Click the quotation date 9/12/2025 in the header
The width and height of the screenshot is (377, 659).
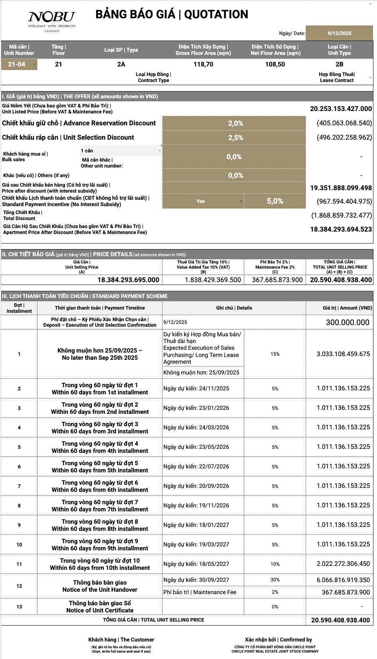point(339,33)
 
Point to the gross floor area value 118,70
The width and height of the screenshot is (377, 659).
point(203,64)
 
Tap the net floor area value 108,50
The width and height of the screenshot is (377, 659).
point(275,64)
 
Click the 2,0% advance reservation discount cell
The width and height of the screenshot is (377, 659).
point(235,123)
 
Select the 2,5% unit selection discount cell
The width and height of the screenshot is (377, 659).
point(235,138)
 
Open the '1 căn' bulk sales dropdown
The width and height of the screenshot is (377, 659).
point(121,151)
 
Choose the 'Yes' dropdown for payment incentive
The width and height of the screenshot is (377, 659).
point(203,201)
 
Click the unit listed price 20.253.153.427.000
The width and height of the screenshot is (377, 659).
point(341,109)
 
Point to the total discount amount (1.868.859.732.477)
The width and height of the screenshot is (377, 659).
point(341,215)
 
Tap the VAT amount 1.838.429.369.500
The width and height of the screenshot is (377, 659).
point(213,280)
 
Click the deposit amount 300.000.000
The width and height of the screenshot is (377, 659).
point(348,322)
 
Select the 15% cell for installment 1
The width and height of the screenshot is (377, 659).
point(275,354)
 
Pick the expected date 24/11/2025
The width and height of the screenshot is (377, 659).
point(196,388)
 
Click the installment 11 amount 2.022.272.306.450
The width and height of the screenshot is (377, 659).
point(343,563)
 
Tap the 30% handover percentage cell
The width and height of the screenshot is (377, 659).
point(275,580)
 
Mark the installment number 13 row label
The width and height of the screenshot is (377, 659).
point(19,607)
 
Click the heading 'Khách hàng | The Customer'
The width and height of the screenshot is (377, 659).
point(121,640)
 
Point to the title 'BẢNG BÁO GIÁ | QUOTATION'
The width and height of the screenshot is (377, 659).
point(172,15)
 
